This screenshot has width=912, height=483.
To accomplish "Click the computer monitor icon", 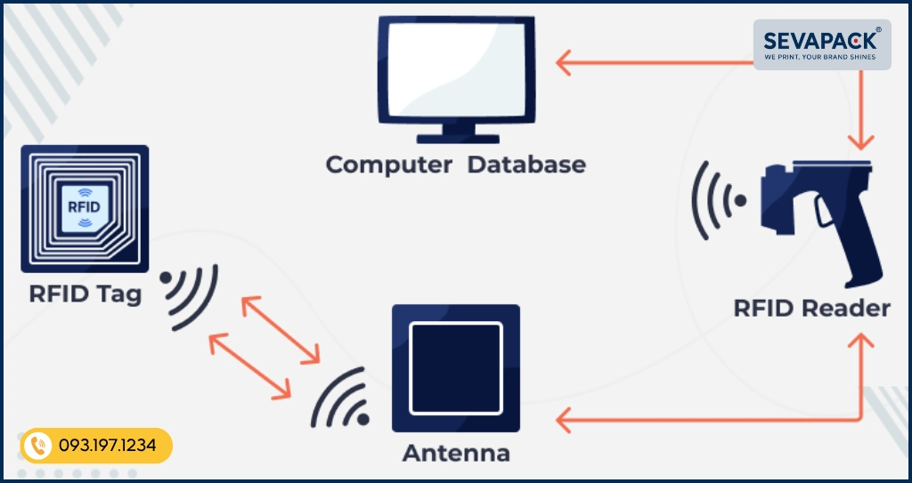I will pyautogui.click(x=455, y=71).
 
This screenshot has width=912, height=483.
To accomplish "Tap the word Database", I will pyautogui.click(x=527, y=165).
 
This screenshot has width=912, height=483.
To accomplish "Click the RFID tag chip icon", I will pyautogui.click(x=85, y=207).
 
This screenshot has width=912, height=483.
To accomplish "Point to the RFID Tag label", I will pyautogui.click(x=85, y=294).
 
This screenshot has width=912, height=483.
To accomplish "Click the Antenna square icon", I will pyautogui.click(x=455, y=367).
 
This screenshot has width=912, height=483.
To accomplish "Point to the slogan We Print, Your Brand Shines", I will pyautogui.click(x=821, y=58).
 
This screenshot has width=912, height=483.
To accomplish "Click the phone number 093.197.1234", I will pyautogui.click(x=108, y=446).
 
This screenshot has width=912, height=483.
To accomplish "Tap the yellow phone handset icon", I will pyautogui.click(x=37, y=446).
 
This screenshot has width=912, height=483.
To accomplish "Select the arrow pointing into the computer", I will pyautogui.click(x=565, y=63).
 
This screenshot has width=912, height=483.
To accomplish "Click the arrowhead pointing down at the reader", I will pyautogui.click(x=861, y=143).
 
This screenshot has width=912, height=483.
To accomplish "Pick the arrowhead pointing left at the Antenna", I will pyautogui.click(x=564, y=418).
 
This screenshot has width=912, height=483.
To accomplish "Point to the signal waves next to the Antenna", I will pyautogui.click(x=344, y=399).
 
